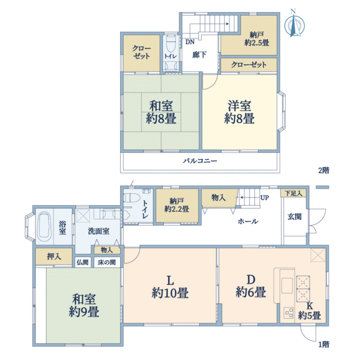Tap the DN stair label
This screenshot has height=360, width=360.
coord(190,42)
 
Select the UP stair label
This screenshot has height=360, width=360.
coord(265,197)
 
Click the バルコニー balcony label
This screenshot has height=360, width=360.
coord(200,161)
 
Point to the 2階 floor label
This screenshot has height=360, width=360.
coord(324,170)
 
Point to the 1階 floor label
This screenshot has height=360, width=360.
coord(324,344)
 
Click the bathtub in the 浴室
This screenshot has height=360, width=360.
coord(44,226)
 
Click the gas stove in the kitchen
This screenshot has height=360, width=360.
coord(289,313)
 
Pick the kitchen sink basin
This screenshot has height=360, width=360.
coord(287,286)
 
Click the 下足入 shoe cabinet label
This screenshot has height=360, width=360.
coord(293,193)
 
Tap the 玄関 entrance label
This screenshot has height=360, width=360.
coord(295,217)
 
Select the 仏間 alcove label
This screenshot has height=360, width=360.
coord(82,262)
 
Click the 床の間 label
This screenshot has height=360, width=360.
coord(107,262)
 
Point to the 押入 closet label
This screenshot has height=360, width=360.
coord(54,256)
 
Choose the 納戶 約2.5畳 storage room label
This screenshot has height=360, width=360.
coord(256,39)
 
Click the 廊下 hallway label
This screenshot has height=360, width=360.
coord(199,55)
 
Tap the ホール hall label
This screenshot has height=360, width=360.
coord(248,221)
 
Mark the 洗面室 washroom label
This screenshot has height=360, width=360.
coord(98,231)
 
